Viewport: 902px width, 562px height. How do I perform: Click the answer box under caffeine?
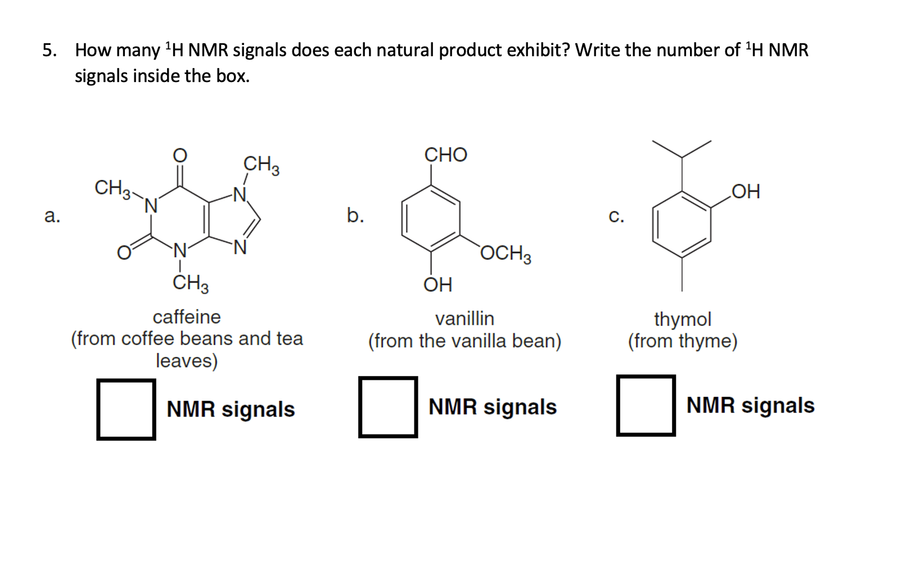click(x=126, y=409)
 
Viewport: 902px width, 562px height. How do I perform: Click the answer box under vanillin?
click(x=388, y=407)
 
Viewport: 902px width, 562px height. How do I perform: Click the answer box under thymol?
click(x=646, y=405)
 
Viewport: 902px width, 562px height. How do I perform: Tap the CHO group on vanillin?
click(x=445, y=155)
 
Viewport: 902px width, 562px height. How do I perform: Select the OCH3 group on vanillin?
click(x=506, y=253)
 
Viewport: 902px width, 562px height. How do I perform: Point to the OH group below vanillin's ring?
click(x=438, y=284)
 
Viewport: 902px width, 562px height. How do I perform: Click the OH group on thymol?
click(x=746, y=192)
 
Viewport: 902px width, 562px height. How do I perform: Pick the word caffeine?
click(x=187, y=317)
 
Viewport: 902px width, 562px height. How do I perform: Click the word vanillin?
click(x=464, y=319)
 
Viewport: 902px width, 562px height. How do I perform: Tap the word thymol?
click(x=682, y=319)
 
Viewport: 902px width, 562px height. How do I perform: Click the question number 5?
click(x=49, y=50)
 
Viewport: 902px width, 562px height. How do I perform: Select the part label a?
click(x=52, y=215)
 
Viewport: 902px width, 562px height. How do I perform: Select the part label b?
click(x=355, y=215)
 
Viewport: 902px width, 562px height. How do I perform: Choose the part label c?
click(x=616, y=216)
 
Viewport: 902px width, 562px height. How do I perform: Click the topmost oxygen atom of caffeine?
click(x=179, y=155)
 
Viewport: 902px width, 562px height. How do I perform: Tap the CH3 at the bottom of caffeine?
click(x=190, y=283)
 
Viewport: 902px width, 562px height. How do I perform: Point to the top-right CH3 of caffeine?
click(x=261, y=165)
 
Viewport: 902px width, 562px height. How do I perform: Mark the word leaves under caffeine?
click(x=187, y=361)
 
